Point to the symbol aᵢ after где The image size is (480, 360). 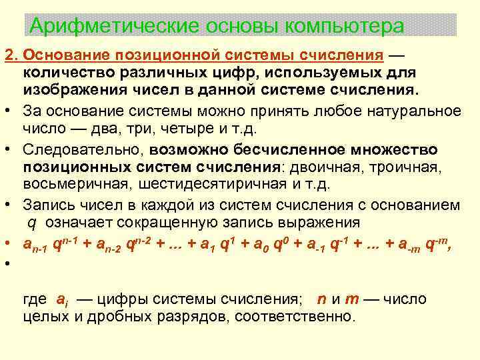pyautogui.click(x=61, y=300)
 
